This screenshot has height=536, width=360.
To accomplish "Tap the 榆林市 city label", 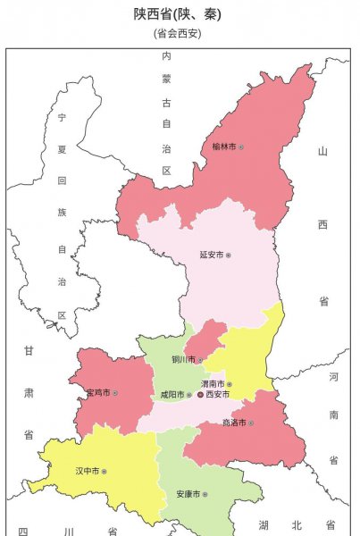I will point(223,146).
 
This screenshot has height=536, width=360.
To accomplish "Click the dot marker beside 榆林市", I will point(240,146).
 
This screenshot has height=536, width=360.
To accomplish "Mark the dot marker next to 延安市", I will point(229,255).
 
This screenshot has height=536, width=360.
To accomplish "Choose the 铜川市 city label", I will point(181,360).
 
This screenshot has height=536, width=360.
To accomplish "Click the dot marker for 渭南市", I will point(230,384).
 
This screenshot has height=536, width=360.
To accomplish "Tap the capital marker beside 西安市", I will point(200,394).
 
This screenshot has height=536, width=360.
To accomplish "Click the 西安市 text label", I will point(218,394).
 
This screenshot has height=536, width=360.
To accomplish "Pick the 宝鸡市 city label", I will point(98,392).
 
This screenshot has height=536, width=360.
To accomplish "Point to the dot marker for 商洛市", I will point(252,423).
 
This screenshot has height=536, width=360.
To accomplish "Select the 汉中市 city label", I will point(87,470).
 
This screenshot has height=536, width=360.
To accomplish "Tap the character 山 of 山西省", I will point(323,151).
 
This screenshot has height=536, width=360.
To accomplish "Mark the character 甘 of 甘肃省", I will point(29,352).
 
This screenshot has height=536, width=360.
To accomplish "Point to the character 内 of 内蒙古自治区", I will point(166,55).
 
